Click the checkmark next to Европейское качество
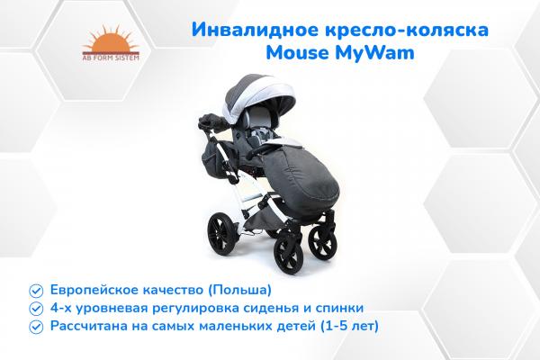pos(35,291)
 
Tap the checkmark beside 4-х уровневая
pos(35,308)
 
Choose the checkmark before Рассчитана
pos(35,325)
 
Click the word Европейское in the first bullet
pos(91,291)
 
